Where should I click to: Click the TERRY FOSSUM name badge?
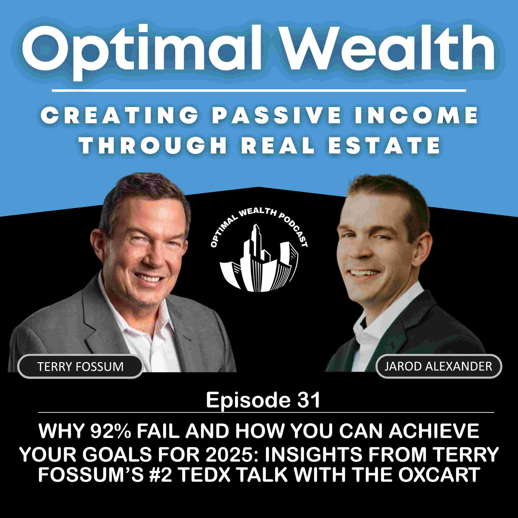(80, 367)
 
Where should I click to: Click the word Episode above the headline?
(248, 400)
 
